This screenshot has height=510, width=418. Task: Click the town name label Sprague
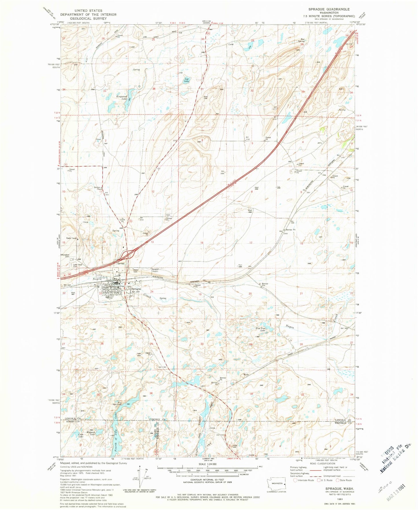tap(136, 289)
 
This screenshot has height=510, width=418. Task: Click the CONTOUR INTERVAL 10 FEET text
tap(207, 482)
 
